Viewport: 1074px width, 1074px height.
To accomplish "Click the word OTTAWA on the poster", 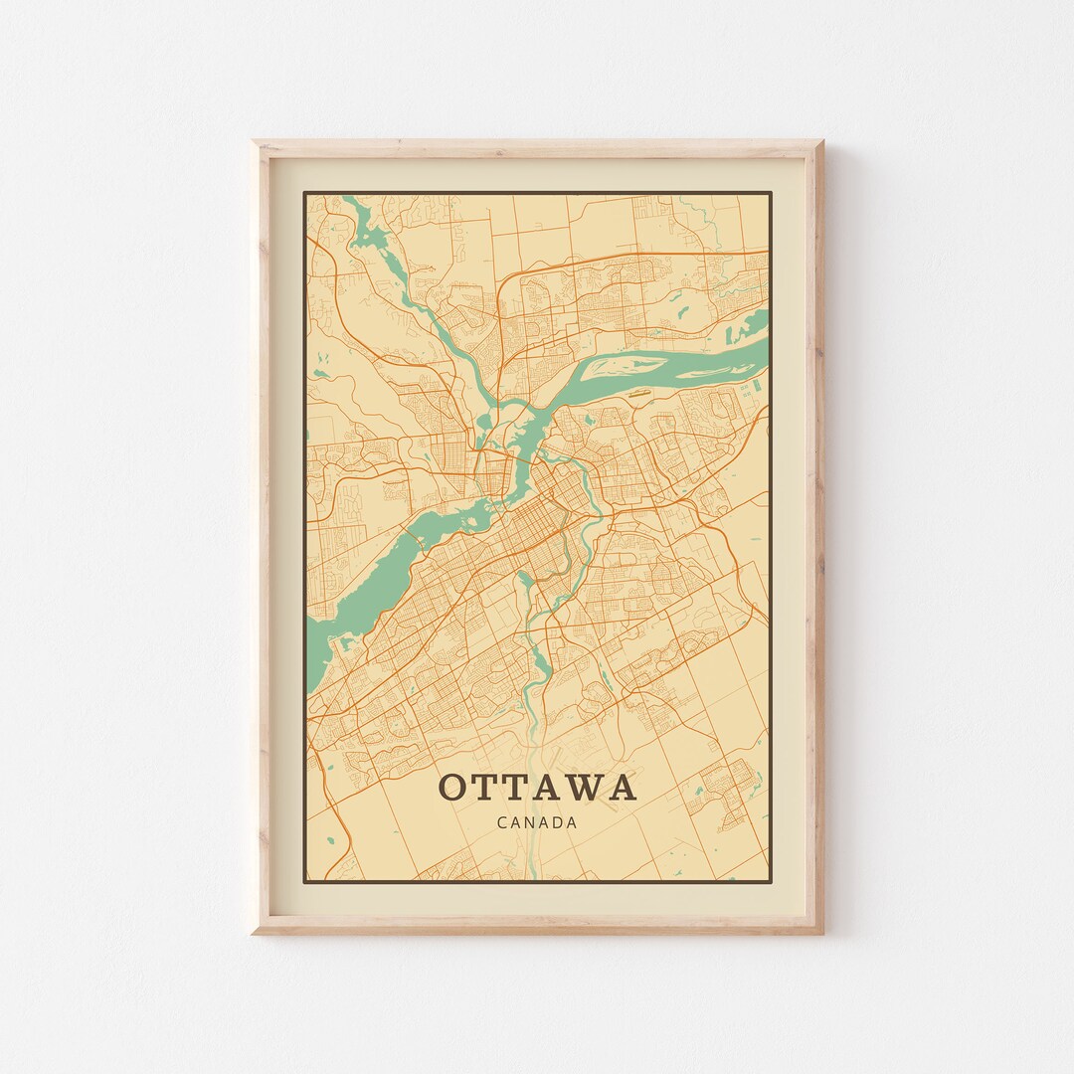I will pyautogui.click(x=537, y=788).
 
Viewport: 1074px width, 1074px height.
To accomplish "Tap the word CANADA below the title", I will pyautogui.click(x=537, y=822).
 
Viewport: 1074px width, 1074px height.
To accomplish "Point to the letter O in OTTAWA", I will pyautogui.click(x=451, y=788).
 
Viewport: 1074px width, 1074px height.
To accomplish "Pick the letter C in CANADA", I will pyautogui.click(x=500, y=822).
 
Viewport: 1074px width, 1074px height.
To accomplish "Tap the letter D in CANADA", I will pyautogui.click(x=556, y=822).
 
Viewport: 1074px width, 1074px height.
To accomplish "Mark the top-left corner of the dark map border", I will pyautogui.click(x=304, y=193).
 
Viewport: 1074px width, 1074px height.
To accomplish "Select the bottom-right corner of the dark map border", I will pyautogui.click(x=772, y=881).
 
